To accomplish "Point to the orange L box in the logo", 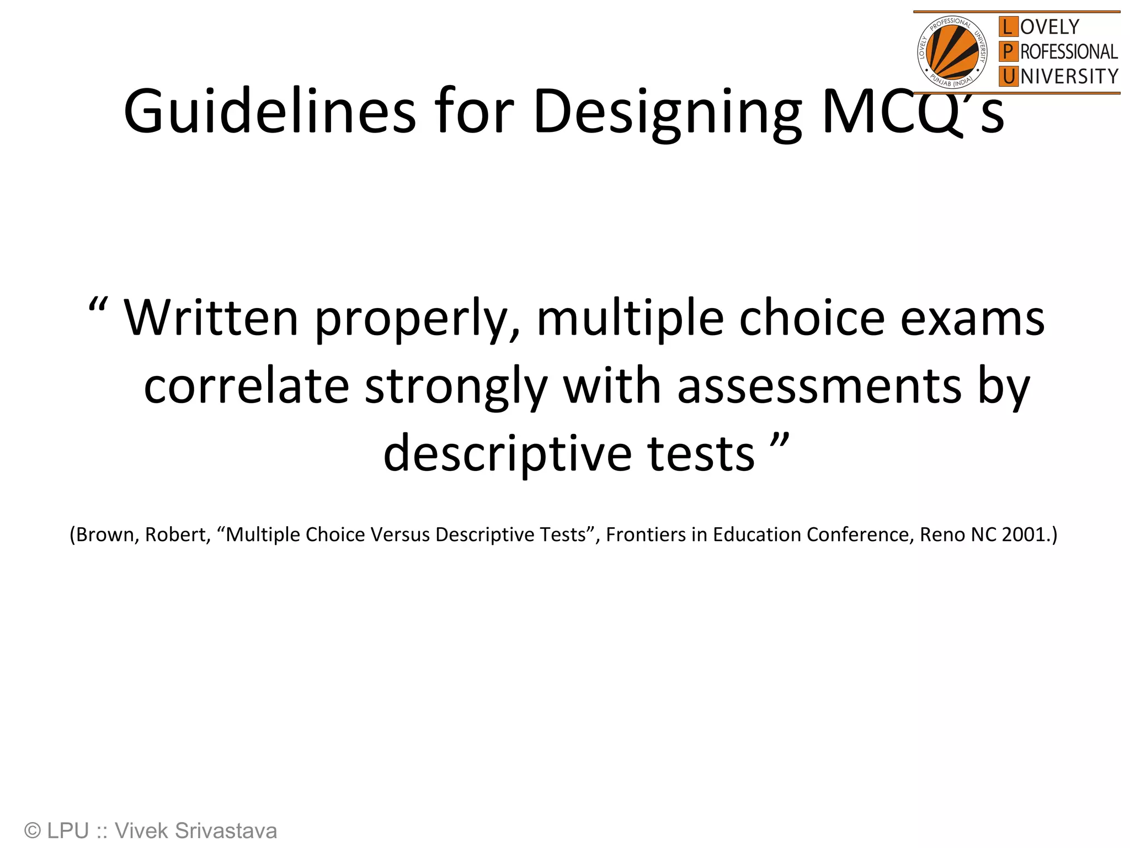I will point(1008,26).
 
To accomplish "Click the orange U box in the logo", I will point(1008,76).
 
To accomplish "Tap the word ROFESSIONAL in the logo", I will point(1069,52).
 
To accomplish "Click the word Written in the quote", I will point(211,318).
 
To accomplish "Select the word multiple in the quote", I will point(630,318).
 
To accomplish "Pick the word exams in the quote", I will point(972,319).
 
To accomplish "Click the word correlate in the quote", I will point(246,386).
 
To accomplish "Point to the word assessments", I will point(819,386).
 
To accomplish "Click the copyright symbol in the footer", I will point(33,831).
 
